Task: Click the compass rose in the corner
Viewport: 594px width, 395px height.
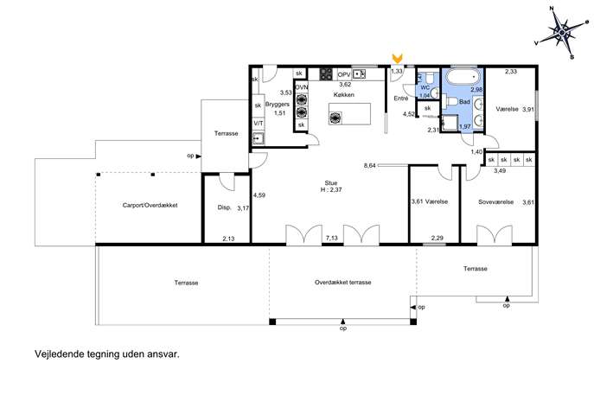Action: (562, 33)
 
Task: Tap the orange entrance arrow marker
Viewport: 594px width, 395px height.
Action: (397, 58)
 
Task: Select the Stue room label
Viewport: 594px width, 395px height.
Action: (330, 183)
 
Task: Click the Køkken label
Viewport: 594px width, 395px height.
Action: (343, 95)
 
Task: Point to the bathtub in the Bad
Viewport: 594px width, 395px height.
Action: (463, 77)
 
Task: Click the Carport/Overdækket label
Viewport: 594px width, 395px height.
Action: (150, 205)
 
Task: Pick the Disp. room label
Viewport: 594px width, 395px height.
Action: (224, 207)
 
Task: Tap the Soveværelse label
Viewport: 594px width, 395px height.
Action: (496, 202)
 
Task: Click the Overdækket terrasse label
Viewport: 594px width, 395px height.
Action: (343, 282)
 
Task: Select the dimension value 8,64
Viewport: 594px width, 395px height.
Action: (370, 165)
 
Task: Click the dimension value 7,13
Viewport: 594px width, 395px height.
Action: (332, 238)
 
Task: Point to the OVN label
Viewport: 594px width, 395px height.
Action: (302, 87)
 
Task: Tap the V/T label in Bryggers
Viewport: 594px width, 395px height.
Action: (259, 123)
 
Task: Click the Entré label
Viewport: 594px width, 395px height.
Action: (401, 98)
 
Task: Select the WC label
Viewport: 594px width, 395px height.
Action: (425, 87)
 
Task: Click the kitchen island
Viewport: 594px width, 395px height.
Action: (349, 113)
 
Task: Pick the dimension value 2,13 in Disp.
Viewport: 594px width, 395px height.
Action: (228, 239)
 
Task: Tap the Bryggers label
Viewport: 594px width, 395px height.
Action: (278, 104)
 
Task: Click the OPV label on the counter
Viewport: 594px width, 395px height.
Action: (344, 74)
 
